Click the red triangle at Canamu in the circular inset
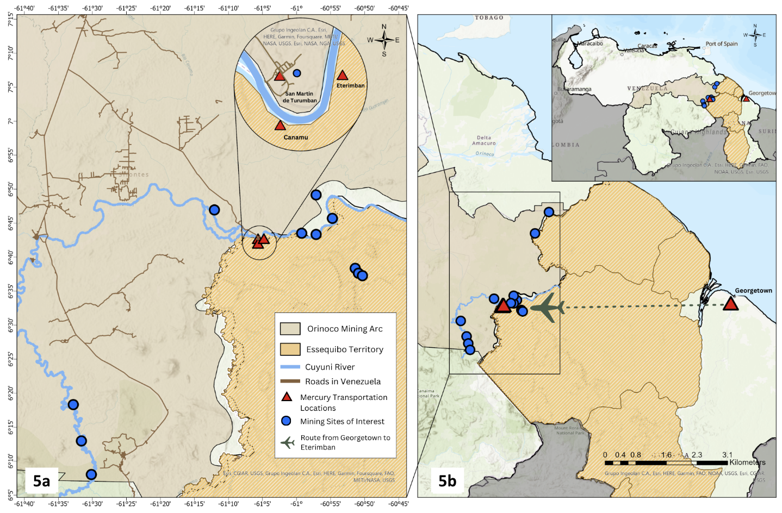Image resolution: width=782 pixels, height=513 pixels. pyautogui.click(x=280, y=126)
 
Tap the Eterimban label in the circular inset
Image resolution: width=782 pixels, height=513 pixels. pyautogui.click(x=350, y=85)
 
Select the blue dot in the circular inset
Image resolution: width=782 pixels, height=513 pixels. pyautogui.click(x=297, y=73)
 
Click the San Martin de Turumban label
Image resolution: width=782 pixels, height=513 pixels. pyautogui.click(x=300, y=97)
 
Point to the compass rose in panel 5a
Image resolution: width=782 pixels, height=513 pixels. pyautogui.click(x=384, y=40)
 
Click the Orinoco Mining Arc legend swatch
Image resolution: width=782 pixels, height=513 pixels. pyautogui.click(x=290, y=329)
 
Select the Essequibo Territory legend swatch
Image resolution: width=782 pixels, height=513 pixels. pyautogui.click(x=290, y=349)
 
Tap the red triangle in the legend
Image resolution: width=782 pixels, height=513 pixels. pyautogui.click(x=287, y=397)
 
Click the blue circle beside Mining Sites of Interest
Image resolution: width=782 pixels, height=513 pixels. pyautogui.click(x=286, y=421)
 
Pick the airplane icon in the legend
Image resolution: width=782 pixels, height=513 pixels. pyautogui.click(x=288, y=442)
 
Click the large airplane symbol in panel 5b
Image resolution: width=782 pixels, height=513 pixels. pyautogui.click(x=548, y=308)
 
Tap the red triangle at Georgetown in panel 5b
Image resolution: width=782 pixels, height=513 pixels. pyautogui.click(x=730, y=304)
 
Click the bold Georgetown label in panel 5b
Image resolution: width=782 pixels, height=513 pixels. pyautogui.click(x=753, y=291)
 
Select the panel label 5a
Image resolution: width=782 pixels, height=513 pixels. pyautogui.click(x=41, y=481)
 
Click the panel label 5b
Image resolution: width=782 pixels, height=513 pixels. pyautogui.click(x=447, y=481)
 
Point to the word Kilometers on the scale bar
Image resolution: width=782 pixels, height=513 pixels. pyautogui.click(x=747, y=462)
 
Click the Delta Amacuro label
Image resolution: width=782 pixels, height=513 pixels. pyautogui.click(x=483, y=141)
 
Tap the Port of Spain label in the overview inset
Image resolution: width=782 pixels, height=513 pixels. pyautogui.click(x=721, y=44)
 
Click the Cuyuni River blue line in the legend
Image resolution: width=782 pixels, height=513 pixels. pyautogui.click(x=290, y=367)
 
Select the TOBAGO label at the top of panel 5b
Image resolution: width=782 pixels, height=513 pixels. pyautogui.click(x=489, y=18)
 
